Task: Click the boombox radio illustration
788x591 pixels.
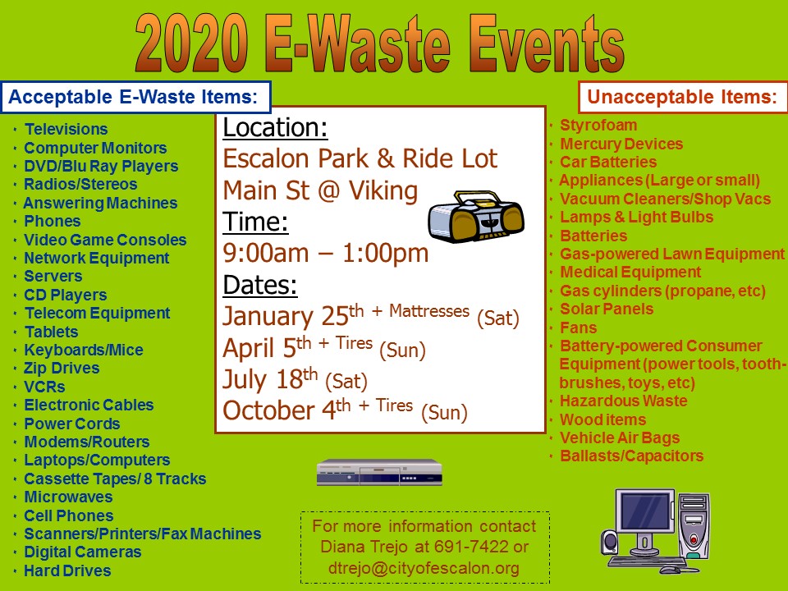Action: (476, 216)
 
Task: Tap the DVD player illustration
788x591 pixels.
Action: (379, 473)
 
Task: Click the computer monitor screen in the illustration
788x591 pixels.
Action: (645, 511)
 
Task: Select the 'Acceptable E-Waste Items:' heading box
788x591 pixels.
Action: (135, 97)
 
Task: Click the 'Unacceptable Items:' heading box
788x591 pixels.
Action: (682, 97)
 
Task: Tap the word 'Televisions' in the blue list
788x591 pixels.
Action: (66, 129)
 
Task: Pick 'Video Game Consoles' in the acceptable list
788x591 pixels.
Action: (106, 240)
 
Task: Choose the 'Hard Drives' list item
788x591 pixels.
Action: (68, 571)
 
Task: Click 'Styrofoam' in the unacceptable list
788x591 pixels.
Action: (598, 125)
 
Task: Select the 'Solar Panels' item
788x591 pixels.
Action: (607, 309)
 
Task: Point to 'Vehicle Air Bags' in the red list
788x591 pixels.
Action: (620, 438)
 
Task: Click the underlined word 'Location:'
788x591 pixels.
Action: (276, 128)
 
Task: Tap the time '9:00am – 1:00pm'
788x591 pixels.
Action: (326, 253)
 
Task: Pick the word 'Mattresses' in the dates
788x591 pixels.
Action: (429, 311)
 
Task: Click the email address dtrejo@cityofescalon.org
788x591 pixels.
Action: (424, 568)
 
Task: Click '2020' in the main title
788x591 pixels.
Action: (191, 44)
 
